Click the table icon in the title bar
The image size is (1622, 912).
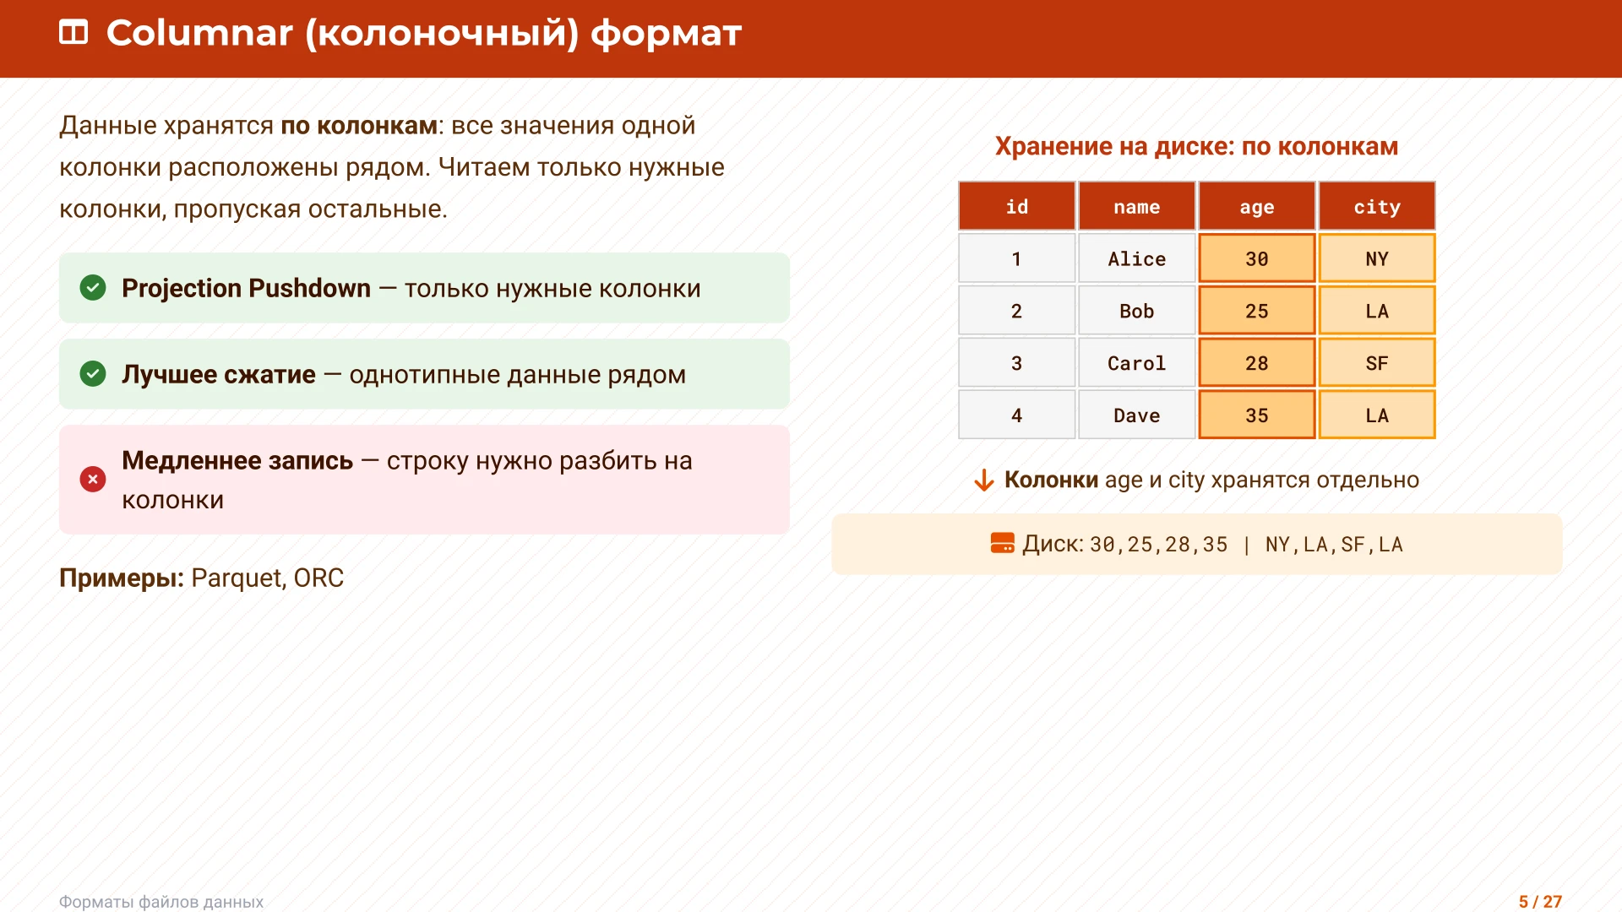click(x=73, y=33)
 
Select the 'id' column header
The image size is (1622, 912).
click(x=1016, y=207)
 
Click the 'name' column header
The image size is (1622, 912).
click(x=1136, y=207)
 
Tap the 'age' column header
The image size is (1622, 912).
click(x=1256, y=207)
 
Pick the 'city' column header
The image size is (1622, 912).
click(x=1376, y=207)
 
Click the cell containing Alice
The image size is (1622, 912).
click(x=1136, y=259)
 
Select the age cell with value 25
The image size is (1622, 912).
click(x=1256, y=311)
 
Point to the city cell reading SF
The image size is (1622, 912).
click(x=1376, y=363)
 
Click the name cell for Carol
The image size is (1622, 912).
click(x=1136, y=363)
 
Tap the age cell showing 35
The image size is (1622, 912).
click(x=1256, y=415)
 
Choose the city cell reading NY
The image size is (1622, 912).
click(x=1376, y=259)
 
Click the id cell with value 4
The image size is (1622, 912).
click(x=1016, y=415)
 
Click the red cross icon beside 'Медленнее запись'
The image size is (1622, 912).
click(x=93, y=480)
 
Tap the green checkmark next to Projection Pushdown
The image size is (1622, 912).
click(x=93, y=288)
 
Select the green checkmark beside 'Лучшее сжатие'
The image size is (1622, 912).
click(x=93, y=373)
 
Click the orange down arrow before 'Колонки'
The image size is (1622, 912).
click(x=983, y=480)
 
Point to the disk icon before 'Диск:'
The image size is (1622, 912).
click(x=1002, y=544)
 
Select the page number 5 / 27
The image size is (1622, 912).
click(x=1540, y=902)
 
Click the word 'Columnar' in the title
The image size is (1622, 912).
click(x=199, y=33)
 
